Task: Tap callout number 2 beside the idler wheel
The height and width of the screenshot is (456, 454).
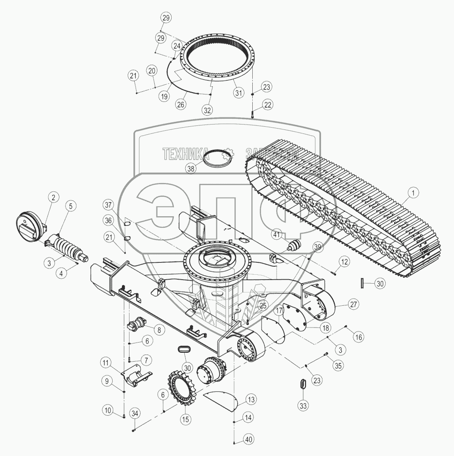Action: tap(52, 197)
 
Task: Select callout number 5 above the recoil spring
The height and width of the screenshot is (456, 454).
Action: tap(70, 205)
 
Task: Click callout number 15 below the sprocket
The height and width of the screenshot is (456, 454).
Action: tap(184, 419)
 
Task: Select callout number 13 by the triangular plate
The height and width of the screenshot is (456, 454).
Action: tap(251, 399)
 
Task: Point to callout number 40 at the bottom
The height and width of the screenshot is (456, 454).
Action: tap(248, 440)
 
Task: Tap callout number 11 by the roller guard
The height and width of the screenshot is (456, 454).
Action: tap(106, 363)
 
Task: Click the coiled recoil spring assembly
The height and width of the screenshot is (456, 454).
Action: tap(69, 248)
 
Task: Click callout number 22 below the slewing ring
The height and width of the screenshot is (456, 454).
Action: tap(267, 105)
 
